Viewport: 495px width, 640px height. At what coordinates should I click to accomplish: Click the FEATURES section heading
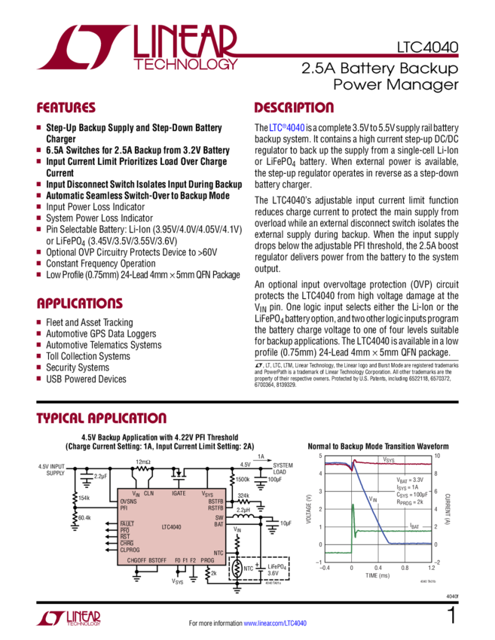(66, 108)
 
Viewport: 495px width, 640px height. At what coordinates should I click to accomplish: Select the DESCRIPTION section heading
(293, 108)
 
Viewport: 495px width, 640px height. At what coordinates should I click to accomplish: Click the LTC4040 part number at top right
(426, 47)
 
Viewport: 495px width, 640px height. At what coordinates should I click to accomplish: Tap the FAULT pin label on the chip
(127, 523)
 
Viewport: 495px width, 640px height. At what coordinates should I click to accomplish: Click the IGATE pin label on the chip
(179, 492)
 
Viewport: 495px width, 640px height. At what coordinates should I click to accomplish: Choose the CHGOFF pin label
(136, 560)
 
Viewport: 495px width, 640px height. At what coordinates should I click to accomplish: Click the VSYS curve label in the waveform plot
(389, 459)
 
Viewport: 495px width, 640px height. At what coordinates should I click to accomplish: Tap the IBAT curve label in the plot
(414, 525)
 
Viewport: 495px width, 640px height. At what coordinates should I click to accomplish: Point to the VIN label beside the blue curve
(373, 498)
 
